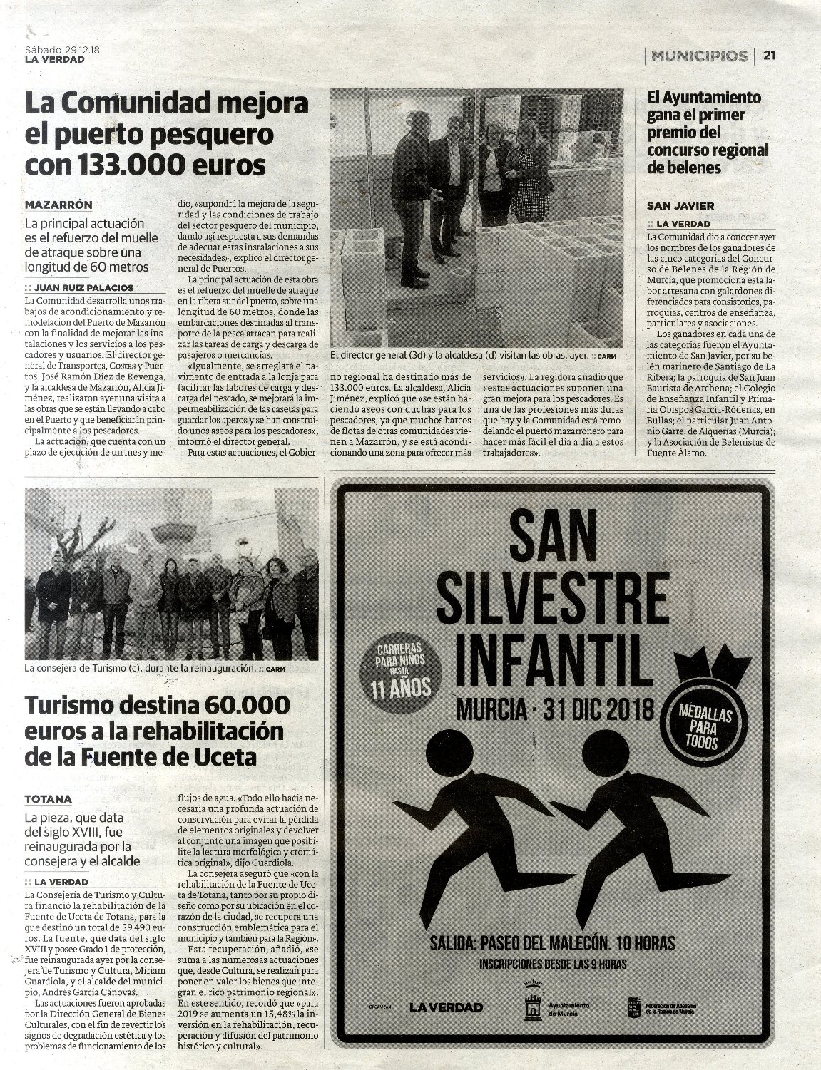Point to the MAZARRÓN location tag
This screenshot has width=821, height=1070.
coord(57,205)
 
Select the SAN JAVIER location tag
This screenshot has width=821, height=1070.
coord(680,206)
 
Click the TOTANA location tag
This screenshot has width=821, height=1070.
coord(48,799)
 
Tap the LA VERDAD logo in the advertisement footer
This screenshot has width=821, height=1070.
coord(446,1007)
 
